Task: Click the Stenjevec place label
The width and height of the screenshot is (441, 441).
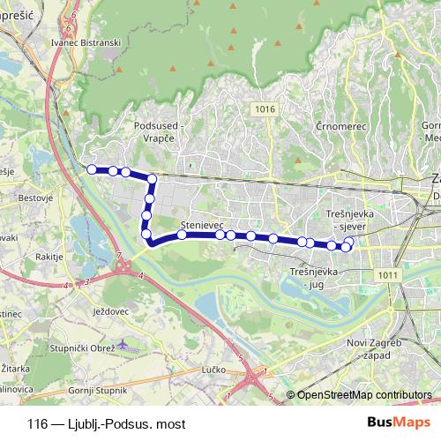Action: [x=198, y=225]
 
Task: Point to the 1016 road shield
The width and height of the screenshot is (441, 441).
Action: [x=262, y=108]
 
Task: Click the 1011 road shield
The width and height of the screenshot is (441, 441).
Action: [x=385, y=275]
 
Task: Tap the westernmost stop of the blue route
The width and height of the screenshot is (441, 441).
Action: [x=91, y=168]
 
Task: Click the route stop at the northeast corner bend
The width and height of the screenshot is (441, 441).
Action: [x=152, y=179]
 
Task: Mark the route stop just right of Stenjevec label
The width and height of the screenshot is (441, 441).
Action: [x=220, y=235]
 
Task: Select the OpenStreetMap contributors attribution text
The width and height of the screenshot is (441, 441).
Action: [x=364, y=395]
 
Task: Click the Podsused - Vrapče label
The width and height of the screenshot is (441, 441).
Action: [x=157, y=131]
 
